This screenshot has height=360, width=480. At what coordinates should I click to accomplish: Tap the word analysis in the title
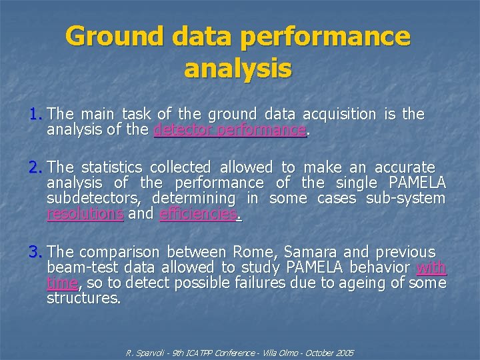(x=238, y=68)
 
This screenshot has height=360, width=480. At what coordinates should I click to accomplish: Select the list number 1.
(x=35, y=114)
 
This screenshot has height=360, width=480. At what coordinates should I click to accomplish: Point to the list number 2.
(x=35, y=167)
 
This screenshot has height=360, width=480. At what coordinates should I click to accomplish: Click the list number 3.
(x=35, y=252)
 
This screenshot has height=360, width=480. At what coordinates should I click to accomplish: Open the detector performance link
(x=229, y=129)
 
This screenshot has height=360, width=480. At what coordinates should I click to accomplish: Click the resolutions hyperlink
(x=85, y=214)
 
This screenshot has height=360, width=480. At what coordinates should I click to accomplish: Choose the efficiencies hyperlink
(x=199, y=214)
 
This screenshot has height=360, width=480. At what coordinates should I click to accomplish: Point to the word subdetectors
(x=93, y=199)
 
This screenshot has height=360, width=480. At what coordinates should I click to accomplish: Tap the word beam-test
(x=79, y=268)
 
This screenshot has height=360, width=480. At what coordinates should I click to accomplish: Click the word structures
(x=83, y=299)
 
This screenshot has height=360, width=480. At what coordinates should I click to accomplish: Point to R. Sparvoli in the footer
(x=143, y=351)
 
